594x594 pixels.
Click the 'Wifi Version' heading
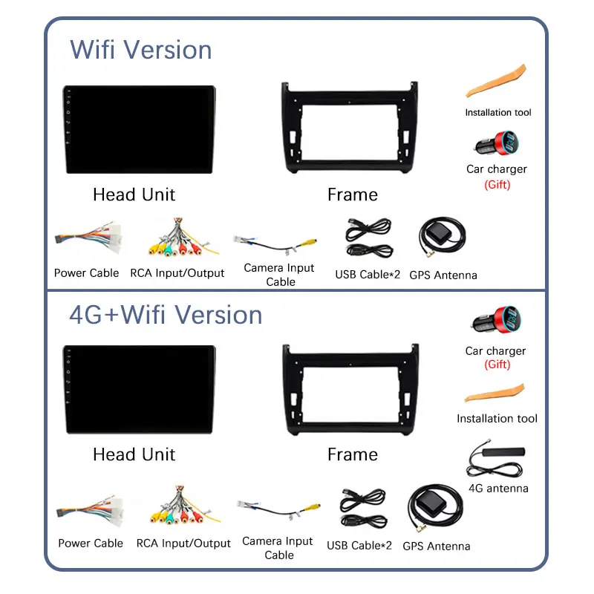(x=141, y=50)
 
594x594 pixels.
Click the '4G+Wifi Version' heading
(x=166, y=315)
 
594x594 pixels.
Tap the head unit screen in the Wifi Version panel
(x=140, y=130)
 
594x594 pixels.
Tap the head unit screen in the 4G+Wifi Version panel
(x=140, y=389)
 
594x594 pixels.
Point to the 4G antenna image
(x=497, y=461)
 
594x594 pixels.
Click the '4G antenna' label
(x=498, y=489)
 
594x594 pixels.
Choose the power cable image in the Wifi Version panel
(x=88, y=239)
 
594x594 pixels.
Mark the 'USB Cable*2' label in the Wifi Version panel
(x=368, y=274)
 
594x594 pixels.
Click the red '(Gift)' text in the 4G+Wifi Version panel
(x=497, y=365)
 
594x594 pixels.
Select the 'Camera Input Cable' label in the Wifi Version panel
(x=279, y=275)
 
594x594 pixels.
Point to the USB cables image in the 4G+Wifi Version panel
(x=363, y=509)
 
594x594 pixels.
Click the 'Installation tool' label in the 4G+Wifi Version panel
(x=497, y=419)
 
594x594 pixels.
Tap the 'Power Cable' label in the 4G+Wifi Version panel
(x=91, y=544)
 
